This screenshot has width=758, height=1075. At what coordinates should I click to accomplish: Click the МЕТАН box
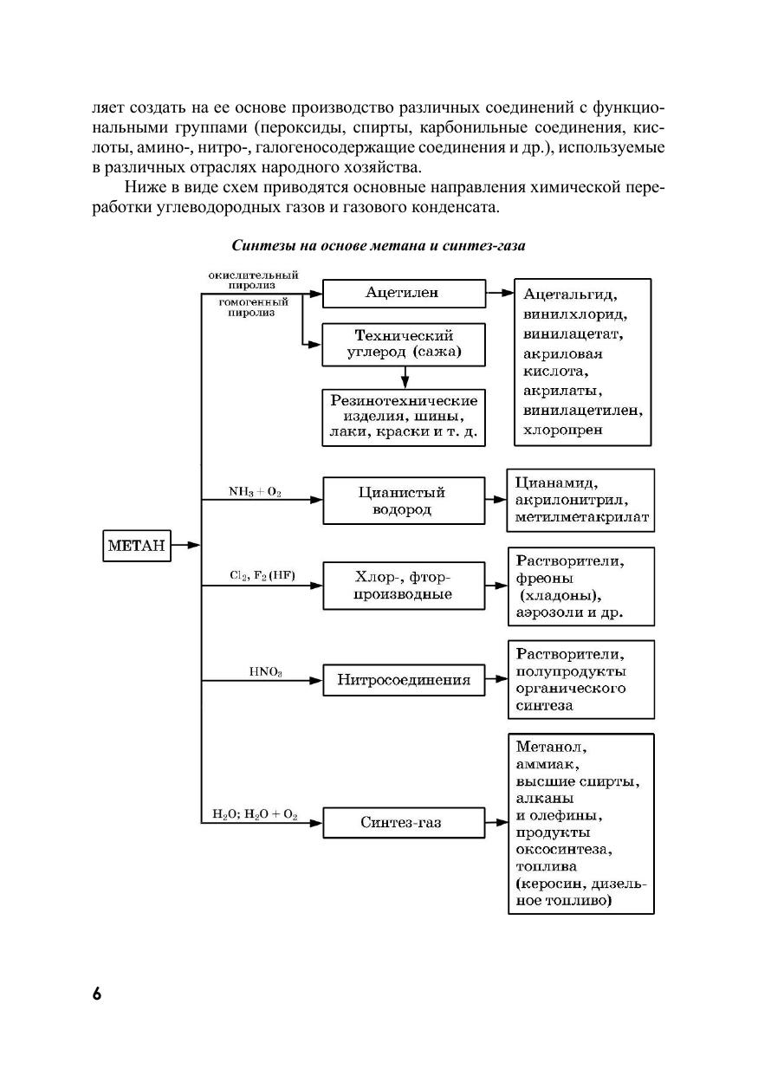[x=136, y=546]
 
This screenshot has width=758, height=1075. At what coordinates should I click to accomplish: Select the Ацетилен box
[x=402, y=293]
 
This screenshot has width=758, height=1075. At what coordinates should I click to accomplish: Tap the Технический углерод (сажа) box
[x=402, y=344]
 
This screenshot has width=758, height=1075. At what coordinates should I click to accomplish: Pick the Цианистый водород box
[x=402, y=501]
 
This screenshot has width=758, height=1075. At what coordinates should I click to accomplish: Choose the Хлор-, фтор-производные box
[x=402, y=586]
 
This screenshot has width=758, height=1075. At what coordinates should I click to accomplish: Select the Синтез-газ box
[x=402, y=822]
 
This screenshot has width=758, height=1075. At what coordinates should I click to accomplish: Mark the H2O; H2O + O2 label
[x=255, y=814]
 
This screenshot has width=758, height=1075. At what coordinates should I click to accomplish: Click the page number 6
[x=97, y=993]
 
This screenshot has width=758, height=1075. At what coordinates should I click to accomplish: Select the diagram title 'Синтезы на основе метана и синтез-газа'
[x=379, y=245]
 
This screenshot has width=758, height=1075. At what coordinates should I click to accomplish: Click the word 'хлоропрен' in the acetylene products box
[x=560, y=429]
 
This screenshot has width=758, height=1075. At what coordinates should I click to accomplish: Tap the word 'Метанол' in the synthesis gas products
[x=551, y=747]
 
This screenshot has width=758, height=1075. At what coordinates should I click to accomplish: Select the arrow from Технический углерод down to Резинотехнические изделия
[x=404, y=377]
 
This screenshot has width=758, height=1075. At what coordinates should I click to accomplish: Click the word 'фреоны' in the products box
[x=546, y=578]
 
